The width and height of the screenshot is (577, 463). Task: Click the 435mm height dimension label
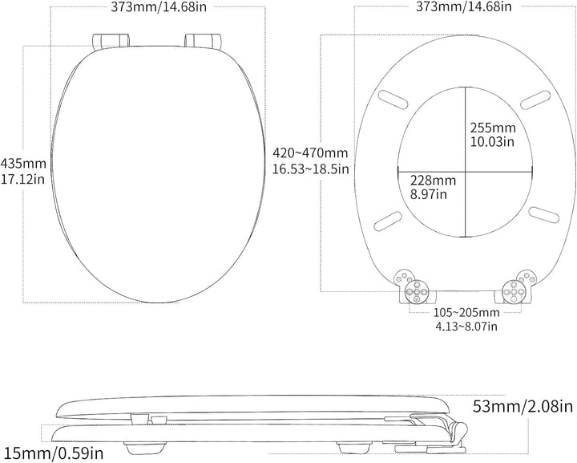[23, 163]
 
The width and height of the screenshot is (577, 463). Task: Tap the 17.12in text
[22, 179]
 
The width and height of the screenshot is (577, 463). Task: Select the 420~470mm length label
[310, 152]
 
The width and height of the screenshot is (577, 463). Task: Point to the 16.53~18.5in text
[310, 169]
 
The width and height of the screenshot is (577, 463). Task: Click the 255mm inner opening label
[493, 128]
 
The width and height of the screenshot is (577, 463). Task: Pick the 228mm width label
[433, 181]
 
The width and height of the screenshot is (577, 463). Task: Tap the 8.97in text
[429, 193]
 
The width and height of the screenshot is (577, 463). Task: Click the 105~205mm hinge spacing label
[466, 313]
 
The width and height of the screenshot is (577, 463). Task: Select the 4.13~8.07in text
[466, 326]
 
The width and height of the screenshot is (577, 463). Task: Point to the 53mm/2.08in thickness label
[523, 406]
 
